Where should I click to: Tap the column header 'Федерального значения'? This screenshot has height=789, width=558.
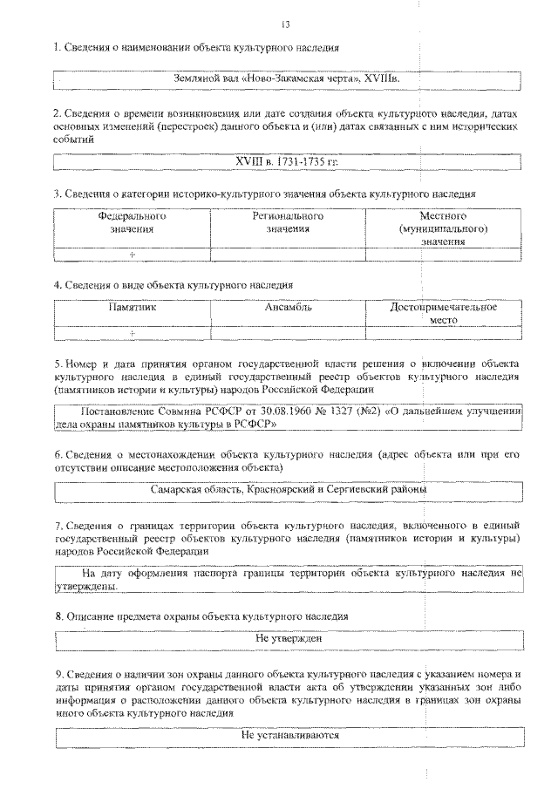coord(132,221)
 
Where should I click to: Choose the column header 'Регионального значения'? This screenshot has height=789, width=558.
coord(288,221)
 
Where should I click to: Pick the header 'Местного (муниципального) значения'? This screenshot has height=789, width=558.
coord(444,228)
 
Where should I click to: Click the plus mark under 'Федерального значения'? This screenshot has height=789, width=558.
coord(132,254)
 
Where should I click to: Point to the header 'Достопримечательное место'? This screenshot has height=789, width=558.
coord(444,314)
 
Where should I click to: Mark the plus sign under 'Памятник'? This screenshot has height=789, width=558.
coord(132,332)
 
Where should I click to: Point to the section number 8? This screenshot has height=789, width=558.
coord(57,616)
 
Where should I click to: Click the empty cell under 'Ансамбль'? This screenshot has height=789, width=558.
coord(288,332)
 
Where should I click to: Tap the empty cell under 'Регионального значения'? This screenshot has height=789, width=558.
coord(288,254)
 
